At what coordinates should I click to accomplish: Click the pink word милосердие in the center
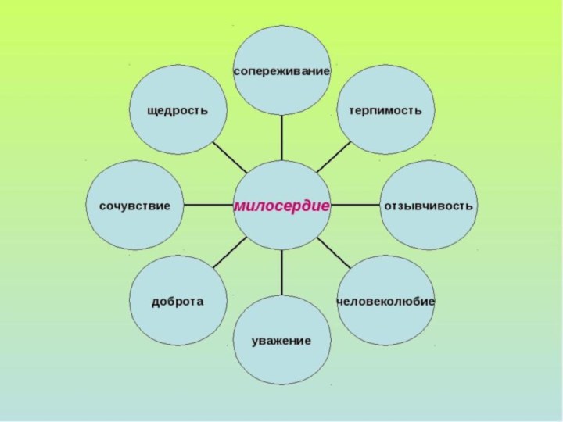281,206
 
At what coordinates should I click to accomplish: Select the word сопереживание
281,71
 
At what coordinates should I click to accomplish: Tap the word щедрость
178,110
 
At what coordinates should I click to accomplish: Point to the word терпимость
385,110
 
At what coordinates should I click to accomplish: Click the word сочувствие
134,206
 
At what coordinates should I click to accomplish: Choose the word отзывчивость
429,206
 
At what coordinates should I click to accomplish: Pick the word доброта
178,302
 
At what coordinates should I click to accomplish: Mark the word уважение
281,341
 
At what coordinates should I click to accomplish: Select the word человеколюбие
385,302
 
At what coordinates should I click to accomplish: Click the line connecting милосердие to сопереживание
281,138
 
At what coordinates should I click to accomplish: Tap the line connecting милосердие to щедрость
230,157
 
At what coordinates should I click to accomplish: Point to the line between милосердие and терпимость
334,157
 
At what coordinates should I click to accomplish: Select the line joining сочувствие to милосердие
208,206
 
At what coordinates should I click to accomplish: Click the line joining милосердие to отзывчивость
355,206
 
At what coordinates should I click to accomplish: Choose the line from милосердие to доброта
230,252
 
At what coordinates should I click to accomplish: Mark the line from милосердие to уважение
281,273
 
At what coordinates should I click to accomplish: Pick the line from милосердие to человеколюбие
334,252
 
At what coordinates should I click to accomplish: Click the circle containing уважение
281,340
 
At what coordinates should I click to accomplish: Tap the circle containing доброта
178,301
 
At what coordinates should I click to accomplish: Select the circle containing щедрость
178,109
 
